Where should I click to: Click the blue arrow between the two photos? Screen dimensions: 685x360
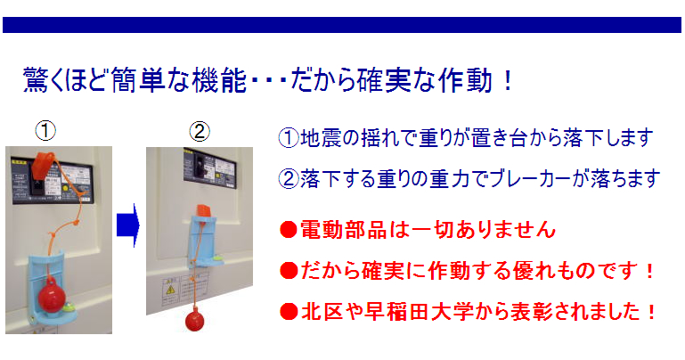[128, 225]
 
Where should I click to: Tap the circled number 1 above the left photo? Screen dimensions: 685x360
[45, 131]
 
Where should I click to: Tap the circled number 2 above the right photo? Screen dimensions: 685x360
[200, 131]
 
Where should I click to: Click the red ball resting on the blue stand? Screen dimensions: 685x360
[52, 297]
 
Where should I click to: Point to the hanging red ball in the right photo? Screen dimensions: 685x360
[195, 321]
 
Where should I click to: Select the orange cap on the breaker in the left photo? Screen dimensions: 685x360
[44, 161]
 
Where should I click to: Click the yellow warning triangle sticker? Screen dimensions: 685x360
[169, 290]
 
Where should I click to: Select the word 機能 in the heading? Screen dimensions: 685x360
[219, 81]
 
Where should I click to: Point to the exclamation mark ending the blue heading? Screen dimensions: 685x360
[507, 81]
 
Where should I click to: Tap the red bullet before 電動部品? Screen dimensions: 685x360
[289, 230]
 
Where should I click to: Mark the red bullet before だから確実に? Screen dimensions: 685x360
[289, 271]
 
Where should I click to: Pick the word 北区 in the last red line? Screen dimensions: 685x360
[322, 312]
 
